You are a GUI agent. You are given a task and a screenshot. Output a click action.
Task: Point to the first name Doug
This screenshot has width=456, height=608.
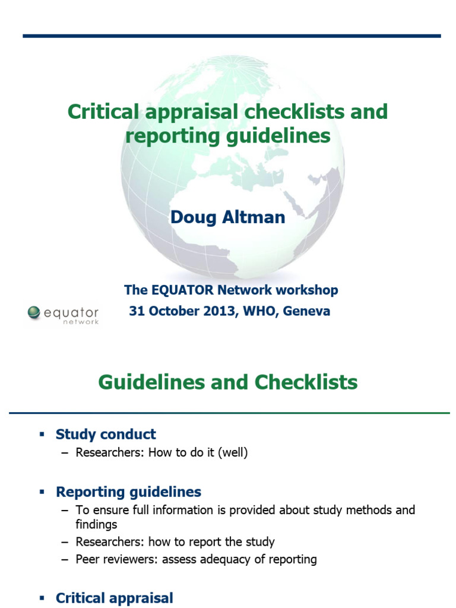pyautogui.click(x=192, y=217)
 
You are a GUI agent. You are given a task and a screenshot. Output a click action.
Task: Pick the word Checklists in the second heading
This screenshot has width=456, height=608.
pyautogui.click(x=306, y=382)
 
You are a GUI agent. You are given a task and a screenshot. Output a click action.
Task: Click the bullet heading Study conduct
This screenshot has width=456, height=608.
pyautogui.click(x=106, y=434)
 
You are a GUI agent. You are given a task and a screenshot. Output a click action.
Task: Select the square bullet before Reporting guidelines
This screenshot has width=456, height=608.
pyautogui.click(x=42, y=492)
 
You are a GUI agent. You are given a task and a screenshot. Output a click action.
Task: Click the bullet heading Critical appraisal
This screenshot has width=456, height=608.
pyautogui.click(x=114, y=598)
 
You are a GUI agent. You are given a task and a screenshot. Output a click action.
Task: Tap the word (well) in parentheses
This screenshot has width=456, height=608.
pyautogui.click(x=232, y=452)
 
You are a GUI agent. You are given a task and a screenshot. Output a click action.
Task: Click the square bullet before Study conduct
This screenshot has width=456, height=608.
pyautogui.click(x=42, y=435)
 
